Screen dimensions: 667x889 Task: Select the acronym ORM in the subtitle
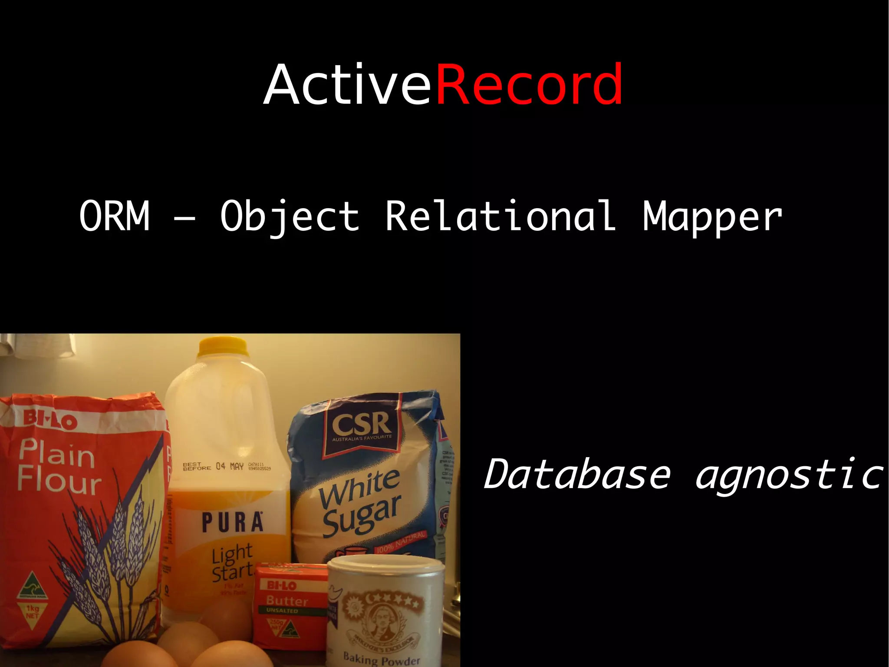click(115, 216)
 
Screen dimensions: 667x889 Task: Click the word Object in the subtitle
click(290, 216)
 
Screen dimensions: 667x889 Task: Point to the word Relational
click(500, 216)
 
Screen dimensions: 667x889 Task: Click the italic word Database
click(577, 474)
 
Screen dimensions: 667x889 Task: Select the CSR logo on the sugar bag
click(362, 425)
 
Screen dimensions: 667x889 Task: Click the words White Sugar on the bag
click(360, 502)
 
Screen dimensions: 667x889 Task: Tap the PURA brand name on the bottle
click(233, 523)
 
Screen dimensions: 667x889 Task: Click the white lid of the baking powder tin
click(385, 567)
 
